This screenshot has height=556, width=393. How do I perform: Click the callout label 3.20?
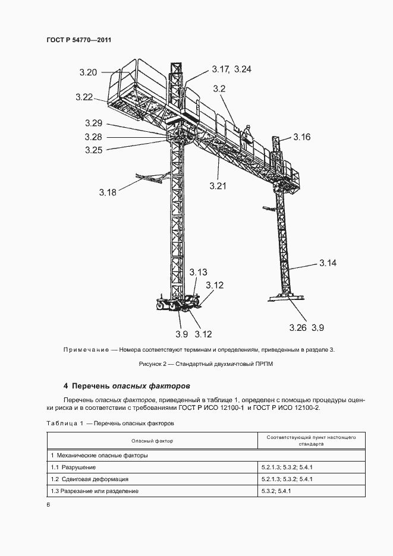pos(87,72)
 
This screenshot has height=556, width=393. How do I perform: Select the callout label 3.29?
pos(93,124)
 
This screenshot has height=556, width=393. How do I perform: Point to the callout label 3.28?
pos(93,137)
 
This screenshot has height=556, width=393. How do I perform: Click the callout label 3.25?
pos(93,150)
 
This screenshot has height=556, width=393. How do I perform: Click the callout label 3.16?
pos(301,137)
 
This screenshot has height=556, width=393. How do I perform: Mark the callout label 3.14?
pos(328,263)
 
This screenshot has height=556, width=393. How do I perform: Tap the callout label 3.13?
pos(199,272)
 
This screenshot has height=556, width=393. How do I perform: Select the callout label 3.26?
pos(298,327)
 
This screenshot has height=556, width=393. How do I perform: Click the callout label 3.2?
pos(219,89)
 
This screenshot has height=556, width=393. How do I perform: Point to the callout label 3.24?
pos(243,69)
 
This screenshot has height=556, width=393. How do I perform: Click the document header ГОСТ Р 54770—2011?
pos(79,40)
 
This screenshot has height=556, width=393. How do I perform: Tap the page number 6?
pos(48,504)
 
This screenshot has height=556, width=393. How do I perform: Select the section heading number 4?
pos(66,386)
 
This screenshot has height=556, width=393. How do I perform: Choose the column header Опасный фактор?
pos(152,441)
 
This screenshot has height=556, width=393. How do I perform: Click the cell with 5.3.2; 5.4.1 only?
pos(276,491)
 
